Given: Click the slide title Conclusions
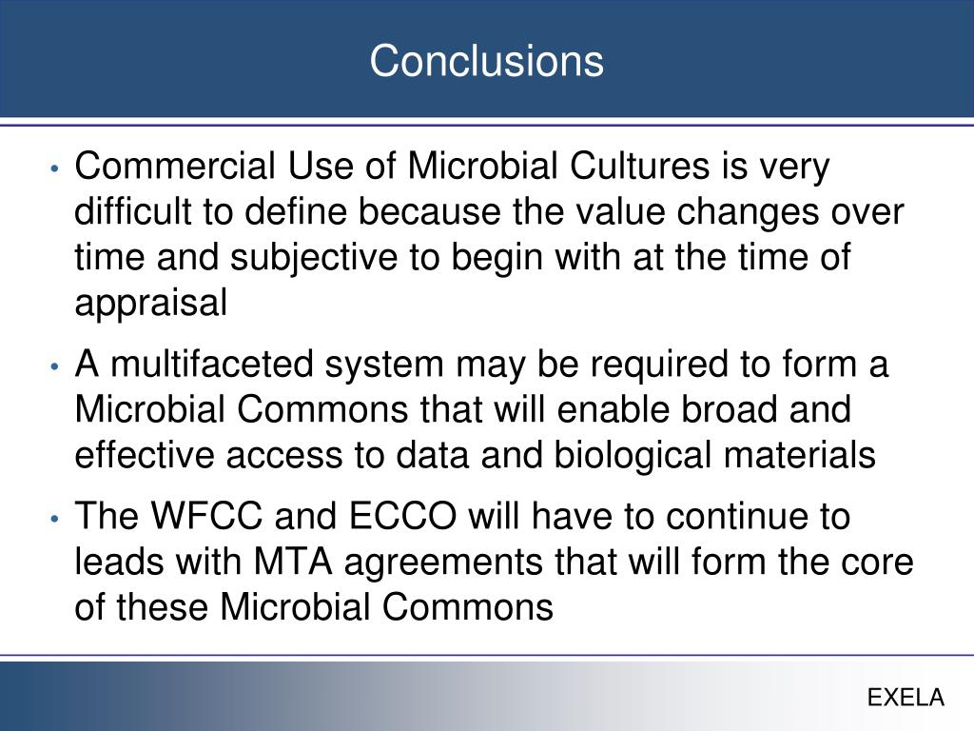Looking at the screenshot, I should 486,62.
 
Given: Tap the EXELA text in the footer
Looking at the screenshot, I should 906,698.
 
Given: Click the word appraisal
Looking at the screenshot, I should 151,304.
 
